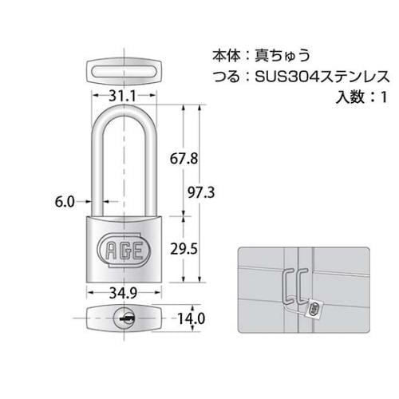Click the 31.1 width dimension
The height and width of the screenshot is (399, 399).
click(x=121, y=96)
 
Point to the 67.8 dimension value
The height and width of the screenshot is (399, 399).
click(x=184, y=158)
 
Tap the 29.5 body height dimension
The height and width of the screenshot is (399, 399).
click(x=184, y=247)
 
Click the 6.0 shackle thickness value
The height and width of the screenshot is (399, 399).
click(x=66, y=201)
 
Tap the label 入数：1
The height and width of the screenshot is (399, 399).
click(x=359, y=97)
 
